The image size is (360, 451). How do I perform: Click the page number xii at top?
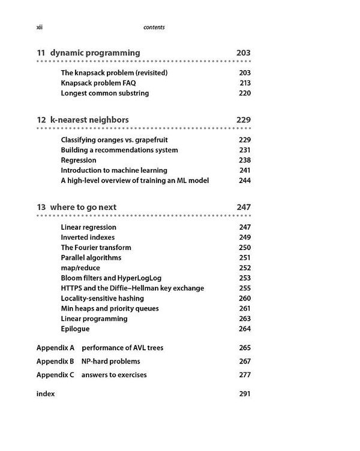(40, 27)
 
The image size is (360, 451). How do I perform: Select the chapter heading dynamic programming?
(95, 53)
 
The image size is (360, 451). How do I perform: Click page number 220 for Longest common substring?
(244, 93)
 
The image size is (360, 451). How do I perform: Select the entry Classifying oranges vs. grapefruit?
(114, 140)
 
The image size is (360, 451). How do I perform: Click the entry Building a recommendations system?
(119, 150)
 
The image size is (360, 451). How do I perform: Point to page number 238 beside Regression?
(244, 160)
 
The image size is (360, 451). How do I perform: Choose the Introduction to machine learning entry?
(114, 170)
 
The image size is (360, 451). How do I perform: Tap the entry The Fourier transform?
(96, 248)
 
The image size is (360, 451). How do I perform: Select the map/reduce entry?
(80, 268)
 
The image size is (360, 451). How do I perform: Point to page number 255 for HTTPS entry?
(244, 288)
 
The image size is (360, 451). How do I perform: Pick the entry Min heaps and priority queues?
(110, 309)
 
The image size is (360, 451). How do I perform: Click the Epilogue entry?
(75, 329)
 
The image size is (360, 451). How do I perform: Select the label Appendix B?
(55, 362)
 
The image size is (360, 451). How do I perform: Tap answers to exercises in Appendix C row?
(114, 375)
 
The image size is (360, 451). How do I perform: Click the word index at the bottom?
(46, 394)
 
